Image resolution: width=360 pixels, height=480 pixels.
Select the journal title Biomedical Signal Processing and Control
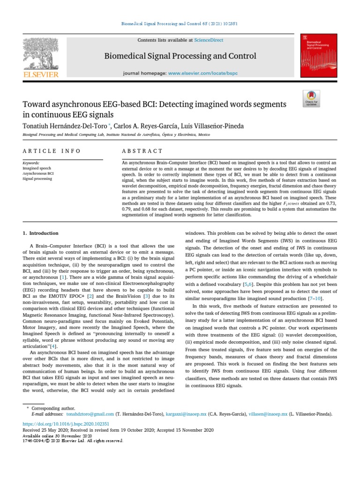click(x=180, y=56)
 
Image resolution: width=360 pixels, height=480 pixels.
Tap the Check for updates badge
click(x=311, y=97)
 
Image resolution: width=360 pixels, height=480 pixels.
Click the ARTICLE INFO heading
click(x=52, y=151)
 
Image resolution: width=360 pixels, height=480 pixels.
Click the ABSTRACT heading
click(x=142, y=151)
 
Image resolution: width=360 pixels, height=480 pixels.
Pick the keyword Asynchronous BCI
click(x=39, y=173)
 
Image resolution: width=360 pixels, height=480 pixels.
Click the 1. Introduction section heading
click(x=41, y=233)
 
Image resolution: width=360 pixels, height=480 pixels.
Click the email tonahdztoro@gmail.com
click(x=90, y=414)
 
